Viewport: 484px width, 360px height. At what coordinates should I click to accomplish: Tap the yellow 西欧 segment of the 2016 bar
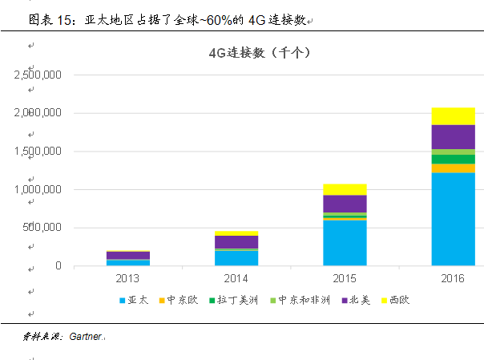point(453,116)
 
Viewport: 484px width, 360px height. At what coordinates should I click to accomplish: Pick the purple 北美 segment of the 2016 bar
point(453,137)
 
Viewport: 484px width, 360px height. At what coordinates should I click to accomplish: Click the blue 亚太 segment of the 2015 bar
point(345,243)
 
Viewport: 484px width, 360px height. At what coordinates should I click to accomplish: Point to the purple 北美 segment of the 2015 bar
point(345,204)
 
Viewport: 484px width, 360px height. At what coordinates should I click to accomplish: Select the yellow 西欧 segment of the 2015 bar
point(345,189)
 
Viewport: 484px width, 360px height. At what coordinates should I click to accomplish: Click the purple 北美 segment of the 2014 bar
point(236,242)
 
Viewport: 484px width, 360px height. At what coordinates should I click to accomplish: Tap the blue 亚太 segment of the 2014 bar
point(236,258)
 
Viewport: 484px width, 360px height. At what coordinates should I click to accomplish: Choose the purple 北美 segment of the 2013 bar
point(128,256)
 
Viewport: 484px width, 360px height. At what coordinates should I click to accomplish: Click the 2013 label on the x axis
point(128,277)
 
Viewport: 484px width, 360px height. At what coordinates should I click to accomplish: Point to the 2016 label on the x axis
point(453,277)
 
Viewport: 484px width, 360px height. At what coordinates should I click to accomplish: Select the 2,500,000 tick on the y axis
point(38,75)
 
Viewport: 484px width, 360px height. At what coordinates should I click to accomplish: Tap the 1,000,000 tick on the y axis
point(38,190)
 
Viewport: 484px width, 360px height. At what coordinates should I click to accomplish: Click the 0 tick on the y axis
point(58,266)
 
